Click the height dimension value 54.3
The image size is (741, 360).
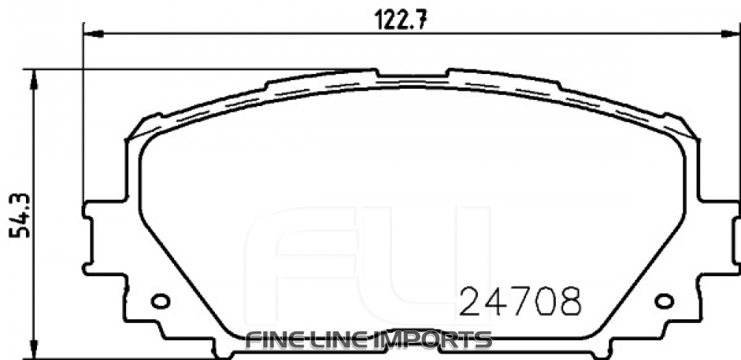click(19, 214)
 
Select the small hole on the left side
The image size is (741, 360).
click(160, 301)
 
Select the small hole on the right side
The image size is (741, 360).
click(665, 301)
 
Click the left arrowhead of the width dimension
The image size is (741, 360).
click(88, 32)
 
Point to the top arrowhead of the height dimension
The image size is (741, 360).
click(33, 76)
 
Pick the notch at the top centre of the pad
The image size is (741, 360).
click(411, 75)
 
